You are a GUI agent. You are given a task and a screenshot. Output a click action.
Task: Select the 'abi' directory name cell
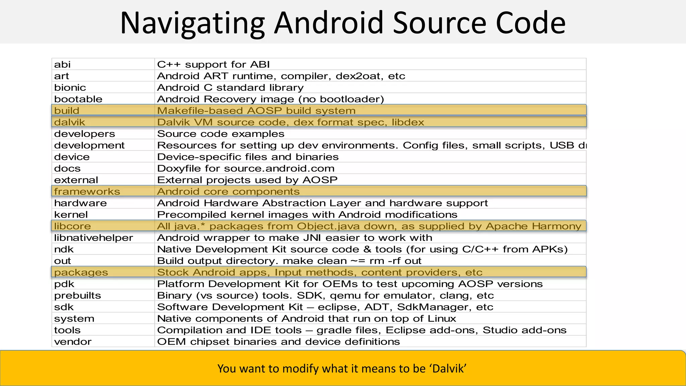point(62,64)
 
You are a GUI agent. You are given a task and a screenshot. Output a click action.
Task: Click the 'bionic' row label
point(70,87)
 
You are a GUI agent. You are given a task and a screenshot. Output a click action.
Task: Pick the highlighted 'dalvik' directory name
point(70,122)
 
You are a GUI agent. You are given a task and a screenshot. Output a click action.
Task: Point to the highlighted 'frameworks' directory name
point(87,192)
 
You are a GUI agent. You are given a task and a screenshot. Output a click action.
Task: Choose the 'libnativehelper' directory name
point(93,238)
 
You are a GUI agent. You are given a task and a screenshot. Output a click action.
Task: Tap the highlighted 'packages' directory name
point(81,272)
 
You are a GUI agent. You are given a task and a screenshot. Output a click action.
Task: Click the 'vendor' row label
point(73,342)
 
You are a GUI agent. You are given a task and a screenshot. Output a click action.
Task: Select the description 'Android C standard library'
point(230,87)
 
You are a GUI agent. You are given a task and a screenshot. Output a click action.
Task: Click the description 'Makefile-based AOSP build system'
point(256,111)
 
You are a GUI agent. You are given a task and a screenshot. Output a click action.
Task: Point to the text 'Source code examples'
point(221,134)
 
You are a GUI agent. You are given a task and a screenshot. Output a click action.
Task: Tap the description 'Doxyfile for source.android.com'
point(246,169)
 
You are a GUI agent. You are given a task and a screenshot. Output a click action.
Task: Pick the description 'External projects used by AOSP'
point(247,180)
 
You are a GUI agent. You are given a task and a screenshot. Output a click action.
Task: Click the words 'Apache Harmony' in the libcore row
point(533,226)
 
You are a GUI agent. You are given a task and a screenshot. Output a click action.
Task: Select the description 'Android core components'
point(228,192)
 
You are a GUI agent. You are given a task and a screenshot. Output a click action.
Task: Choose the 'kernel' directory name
point(71,215)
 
